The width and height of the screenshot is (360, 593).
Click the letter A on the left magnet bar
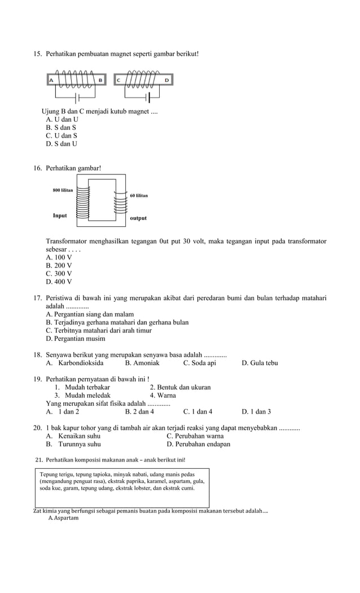point(51,81)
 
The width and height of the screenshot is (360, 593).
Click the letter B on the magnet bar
point(100,81)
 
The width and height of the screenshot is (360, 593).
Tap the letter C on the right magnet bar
point(118,81)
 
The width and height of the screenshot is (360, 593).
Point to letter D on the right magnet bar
point(166,81)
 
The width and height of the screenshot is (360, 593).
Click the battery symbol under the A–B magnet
point(76,98)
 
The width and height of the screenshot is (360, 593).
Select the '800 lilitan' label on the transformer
point(63,191)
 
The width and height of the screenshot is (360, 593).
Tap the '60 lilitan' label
point(139,195)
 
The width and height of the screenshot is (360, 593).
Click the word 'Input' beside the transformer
point(60,216)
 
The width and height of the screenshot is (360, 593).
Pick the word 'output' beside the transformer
point(138,218)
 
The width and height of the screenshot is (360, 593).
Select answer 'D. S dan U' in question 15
point(62,144)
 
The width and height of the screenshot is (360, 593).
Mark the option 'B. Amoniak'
point(142,363)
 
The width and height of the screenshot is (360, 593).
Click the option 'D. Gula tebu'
point(260,363)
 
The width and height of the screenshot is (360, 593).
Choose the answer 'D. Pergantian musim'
point(75,339)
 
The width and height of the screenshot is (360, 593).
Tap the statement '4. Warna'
point(163,396)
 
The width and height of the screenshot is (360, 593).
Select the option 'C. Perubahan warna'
point(195,436)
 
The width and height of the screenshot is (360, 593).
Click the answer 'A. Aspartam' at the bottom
point(63,518)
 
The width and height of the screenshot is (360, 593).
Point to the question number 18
point(38,355)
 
